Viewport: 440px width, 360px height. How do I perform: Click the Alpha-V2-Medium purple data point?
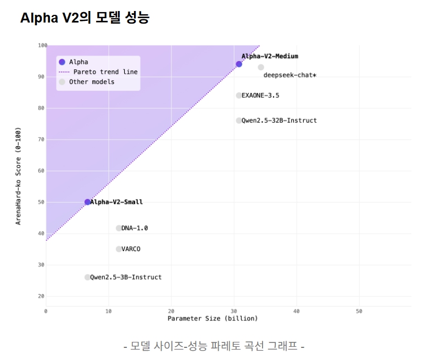tap(239, 64)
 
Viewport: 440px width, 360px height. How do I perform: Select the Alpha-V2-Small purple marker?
tap(87, 202)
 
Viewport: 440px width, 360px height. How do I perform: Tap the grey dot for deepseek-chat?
tap(261, 67)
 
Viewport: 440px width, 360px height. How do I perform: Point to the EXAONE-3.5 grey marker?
tap(239, 96)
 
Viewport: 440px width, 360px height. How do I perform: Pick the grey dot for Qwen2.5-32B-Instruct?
tap(239, 120)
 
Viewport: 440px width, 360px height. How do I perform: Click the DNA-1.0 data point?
tap(119, 228)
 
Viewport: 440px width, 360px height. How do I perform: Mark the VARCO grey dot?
tap(119, 249)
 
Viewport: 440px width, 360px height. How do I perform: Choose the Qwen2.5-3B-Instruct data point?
tap(87, 277)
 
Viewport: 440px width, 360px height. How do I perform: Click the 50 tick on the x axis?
tap(359, 311)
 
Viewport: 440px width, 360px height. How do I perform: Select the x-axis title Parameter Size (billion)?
tap(213, 318)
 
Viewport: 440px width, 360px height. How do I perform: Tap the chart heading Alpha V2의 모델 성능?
tap(85, 18)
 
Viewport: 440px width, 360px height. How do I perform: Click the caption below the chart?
tap(214, 346)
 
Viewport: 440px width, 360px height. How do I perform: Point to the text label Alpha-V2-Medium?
tap(270, 56)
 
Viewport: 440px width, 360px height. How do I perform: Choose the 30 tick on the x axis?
tap(234, 311)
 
